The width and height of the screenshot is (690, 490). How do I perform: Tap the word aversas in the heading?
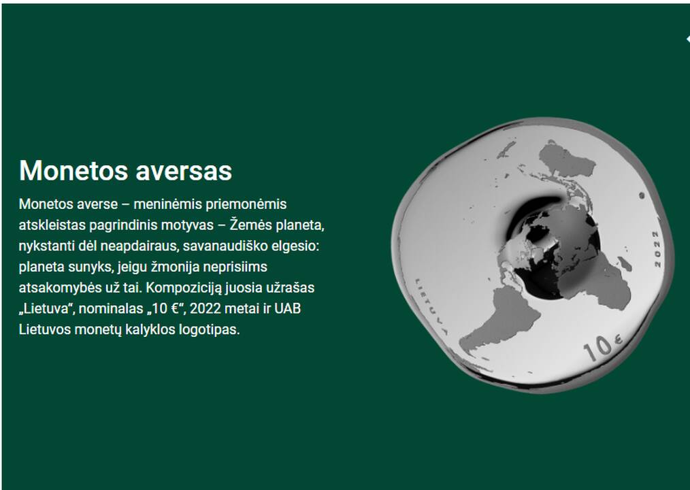pos(184,170)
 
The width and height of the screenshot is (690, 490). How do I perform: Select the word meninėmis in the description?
pos(167,204)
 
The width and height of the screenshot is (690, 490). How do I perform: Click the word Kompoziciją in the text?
pos(184,288)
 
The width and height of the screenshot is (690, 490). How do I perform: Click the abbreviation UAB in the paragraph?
pos(288,308)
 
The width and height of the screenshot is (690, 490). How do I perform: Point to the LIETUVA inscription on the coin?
pos(431,306)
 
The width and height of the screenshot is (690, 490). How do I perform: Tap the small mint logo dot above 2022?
pos(642,195)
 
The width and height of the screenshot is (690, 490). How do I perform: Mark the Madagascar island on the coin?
pos(625,263)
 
